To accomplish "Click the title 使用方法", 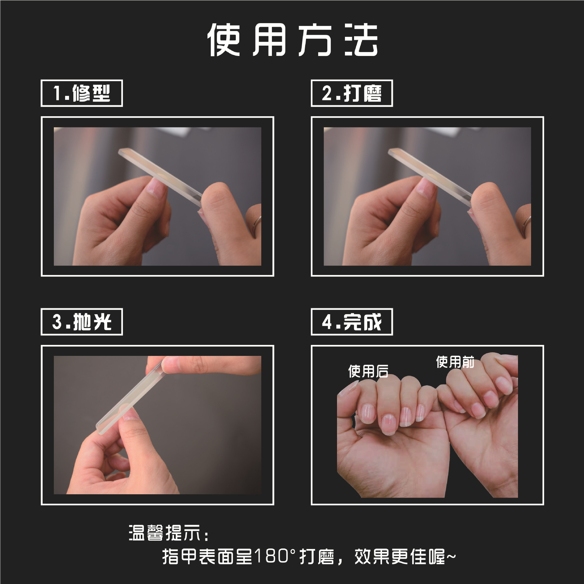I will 292,40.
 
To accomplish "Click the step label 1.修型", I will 82,93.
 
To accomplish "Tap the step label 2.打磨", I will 352,93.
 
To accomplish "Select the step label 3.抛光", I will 82,322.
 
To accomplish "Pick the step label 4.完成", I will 352,322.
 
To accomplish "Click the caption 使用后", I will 368,371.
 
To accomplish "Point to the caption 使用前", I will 455,362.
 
